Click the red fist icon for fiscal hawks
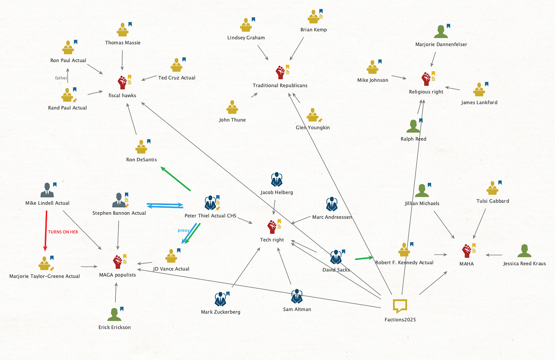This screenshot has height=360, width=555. pos(122,82)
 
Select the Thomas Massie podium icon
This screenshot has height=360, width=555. pos(122,30)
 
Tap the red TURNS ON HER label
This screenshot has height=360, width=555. pos(63,232)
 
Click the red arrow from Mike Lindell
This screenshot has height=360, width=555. pos(46,230)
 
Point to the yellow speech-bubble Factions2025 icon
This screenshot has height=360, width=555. pos(400,306)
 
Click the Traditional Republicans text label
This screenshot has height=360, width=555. pos(280,85)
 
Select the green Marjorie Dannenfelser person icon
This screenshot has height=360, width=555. pos(441,32)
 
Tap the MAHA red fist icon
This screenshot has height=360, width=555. pos(467,251)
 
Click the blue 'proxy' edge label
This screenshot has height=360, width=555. pos(183,230)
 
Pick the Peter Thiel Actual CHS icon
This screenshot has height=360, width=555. pos(210,203)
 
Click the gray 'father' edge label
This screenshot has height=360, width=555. pos(61,78)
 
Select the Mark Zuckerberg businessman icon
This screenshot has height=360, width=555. pos(220,299)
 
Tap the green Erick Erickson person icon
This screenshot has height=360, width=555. pos(114,314)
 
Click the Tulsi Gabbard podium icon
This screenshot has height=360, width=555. pos(492,188)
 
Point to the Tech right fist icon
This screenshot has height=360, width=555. pos(272,227)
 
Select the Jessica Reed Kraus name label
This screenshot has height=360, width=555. pos(524,264)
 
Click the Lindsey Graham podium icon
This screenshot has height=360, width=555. pos(246,25)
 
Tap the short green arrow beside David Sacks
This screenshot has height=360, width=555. pos(364,258)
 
